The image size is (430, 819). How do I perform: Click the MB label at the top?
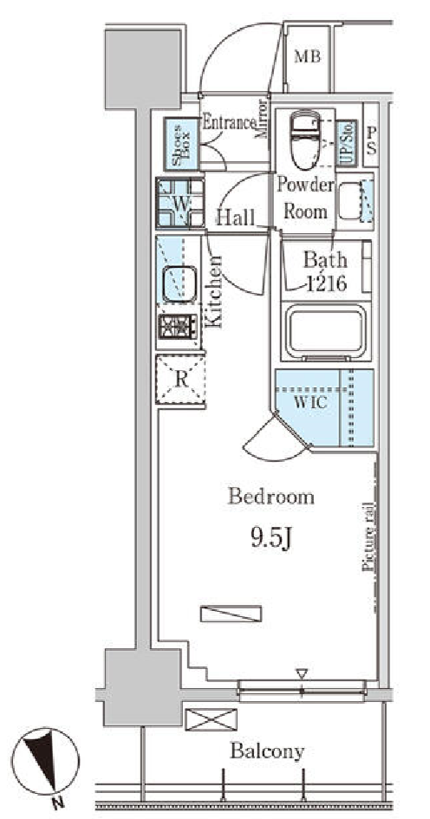coord(307,56)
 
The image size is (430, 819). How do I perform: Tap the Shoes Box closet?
coord(182,144)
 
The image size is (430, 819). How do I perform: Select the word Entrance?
coord(229,123)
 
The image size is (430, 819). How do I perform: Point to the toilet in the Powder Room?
coord(304,140)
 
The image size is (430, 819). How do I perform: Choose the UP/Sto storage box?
coord(347,143)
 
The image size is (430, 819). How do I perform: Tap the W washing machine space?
coord(180,203)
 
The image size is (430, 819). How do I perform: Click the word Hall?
coord(235,217)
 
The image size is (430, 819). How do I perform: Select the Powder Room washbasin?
coord(350,200)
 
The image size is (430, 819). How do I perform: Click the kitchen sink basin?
coord(179,283)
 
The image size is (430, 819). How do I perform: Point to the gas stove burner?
coord(179,327)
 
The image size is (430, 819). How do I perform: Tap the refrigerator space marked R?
coord(181,380)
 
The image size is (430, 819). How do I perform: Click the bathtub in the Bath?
coord(327,332)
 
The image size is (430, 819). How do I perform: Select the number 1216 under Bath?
coord(326,283)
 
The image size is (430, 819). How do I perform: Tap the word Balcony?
coord(267,751)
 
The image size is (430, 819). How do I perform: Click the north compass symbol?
coord(45,761)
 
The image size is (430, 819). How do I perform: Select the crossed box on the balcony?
coord(211,719)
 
